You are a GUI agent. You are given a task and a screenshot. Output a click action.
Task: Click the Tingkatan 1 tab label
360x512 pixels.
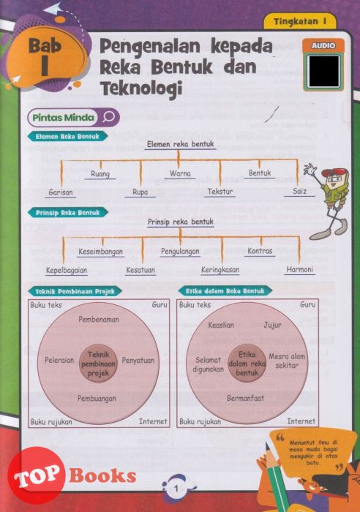coord(300,21)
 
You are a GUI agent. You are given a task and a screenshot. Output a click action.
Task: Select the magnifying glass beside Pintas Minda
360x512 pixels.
coord(109,117)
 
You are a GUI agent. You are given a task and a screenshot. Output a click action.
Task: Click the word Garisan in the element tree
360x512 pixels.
coord(61,192)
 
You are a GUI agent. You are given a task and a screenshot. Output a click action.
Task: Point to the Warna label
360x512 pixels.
coord(180,173)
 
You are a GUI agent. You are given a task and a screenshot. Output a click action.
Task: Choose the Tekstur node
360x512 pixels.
coord(220,192)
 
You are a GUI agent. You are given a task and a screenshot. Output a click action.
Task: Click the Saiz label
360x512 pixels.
coord(299,191)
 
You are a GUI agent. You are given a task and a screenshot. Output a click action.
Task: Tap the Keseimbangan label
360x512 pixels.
coord(101,252)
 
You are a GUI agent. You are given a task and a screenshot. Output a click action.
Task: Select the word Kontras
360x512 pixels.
coord(260,251)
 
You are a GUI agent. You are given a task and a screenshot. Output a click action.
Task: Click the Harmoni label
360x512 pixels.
coord(299,269)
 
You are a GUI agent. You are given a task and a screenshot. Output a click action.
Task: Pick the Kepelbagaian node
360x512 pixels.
coord(67,271)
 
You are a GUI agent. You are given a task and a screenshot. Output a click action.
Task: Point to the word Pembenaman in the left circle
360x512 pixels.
coord(99,320)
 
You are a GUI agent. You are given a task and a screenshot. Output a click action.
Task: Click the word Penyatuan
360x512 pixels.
coord(138,361)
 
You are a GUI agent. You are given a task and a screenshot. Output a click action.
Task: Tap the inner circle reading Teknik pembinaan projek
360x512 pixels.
coord(98,364)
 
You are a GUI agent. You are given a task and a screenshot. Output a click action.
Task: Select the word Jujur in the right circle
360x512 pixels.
coord(272,325)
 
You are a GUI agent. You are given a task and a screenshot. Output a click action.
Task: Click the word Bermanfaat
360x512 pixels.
coord(246,398)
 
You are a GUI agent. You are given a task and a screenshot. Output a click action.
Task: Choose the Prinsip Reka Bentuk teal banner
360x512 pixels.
coord(67,213)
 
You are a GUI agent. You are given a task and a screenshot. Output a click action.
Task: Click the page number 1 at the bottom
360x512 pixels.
coord(176,489)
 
